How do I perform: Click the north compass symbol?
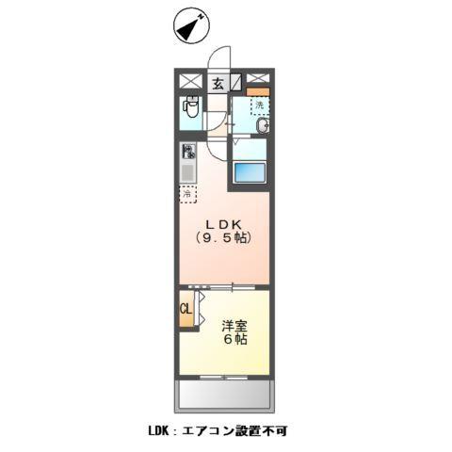190,25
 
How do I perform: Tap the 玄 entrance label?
218,83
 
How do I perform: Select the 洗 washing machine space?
258,105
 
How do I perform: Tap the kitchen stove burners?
188,151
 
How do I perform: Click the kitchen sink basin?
188,172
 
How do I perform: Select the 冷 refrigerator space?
189,195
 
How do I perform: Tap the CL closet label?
186,308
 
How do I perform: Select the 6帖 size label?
235,340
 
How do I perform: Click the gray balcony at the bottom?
225,393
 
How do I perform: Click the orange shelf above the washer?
259,91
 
